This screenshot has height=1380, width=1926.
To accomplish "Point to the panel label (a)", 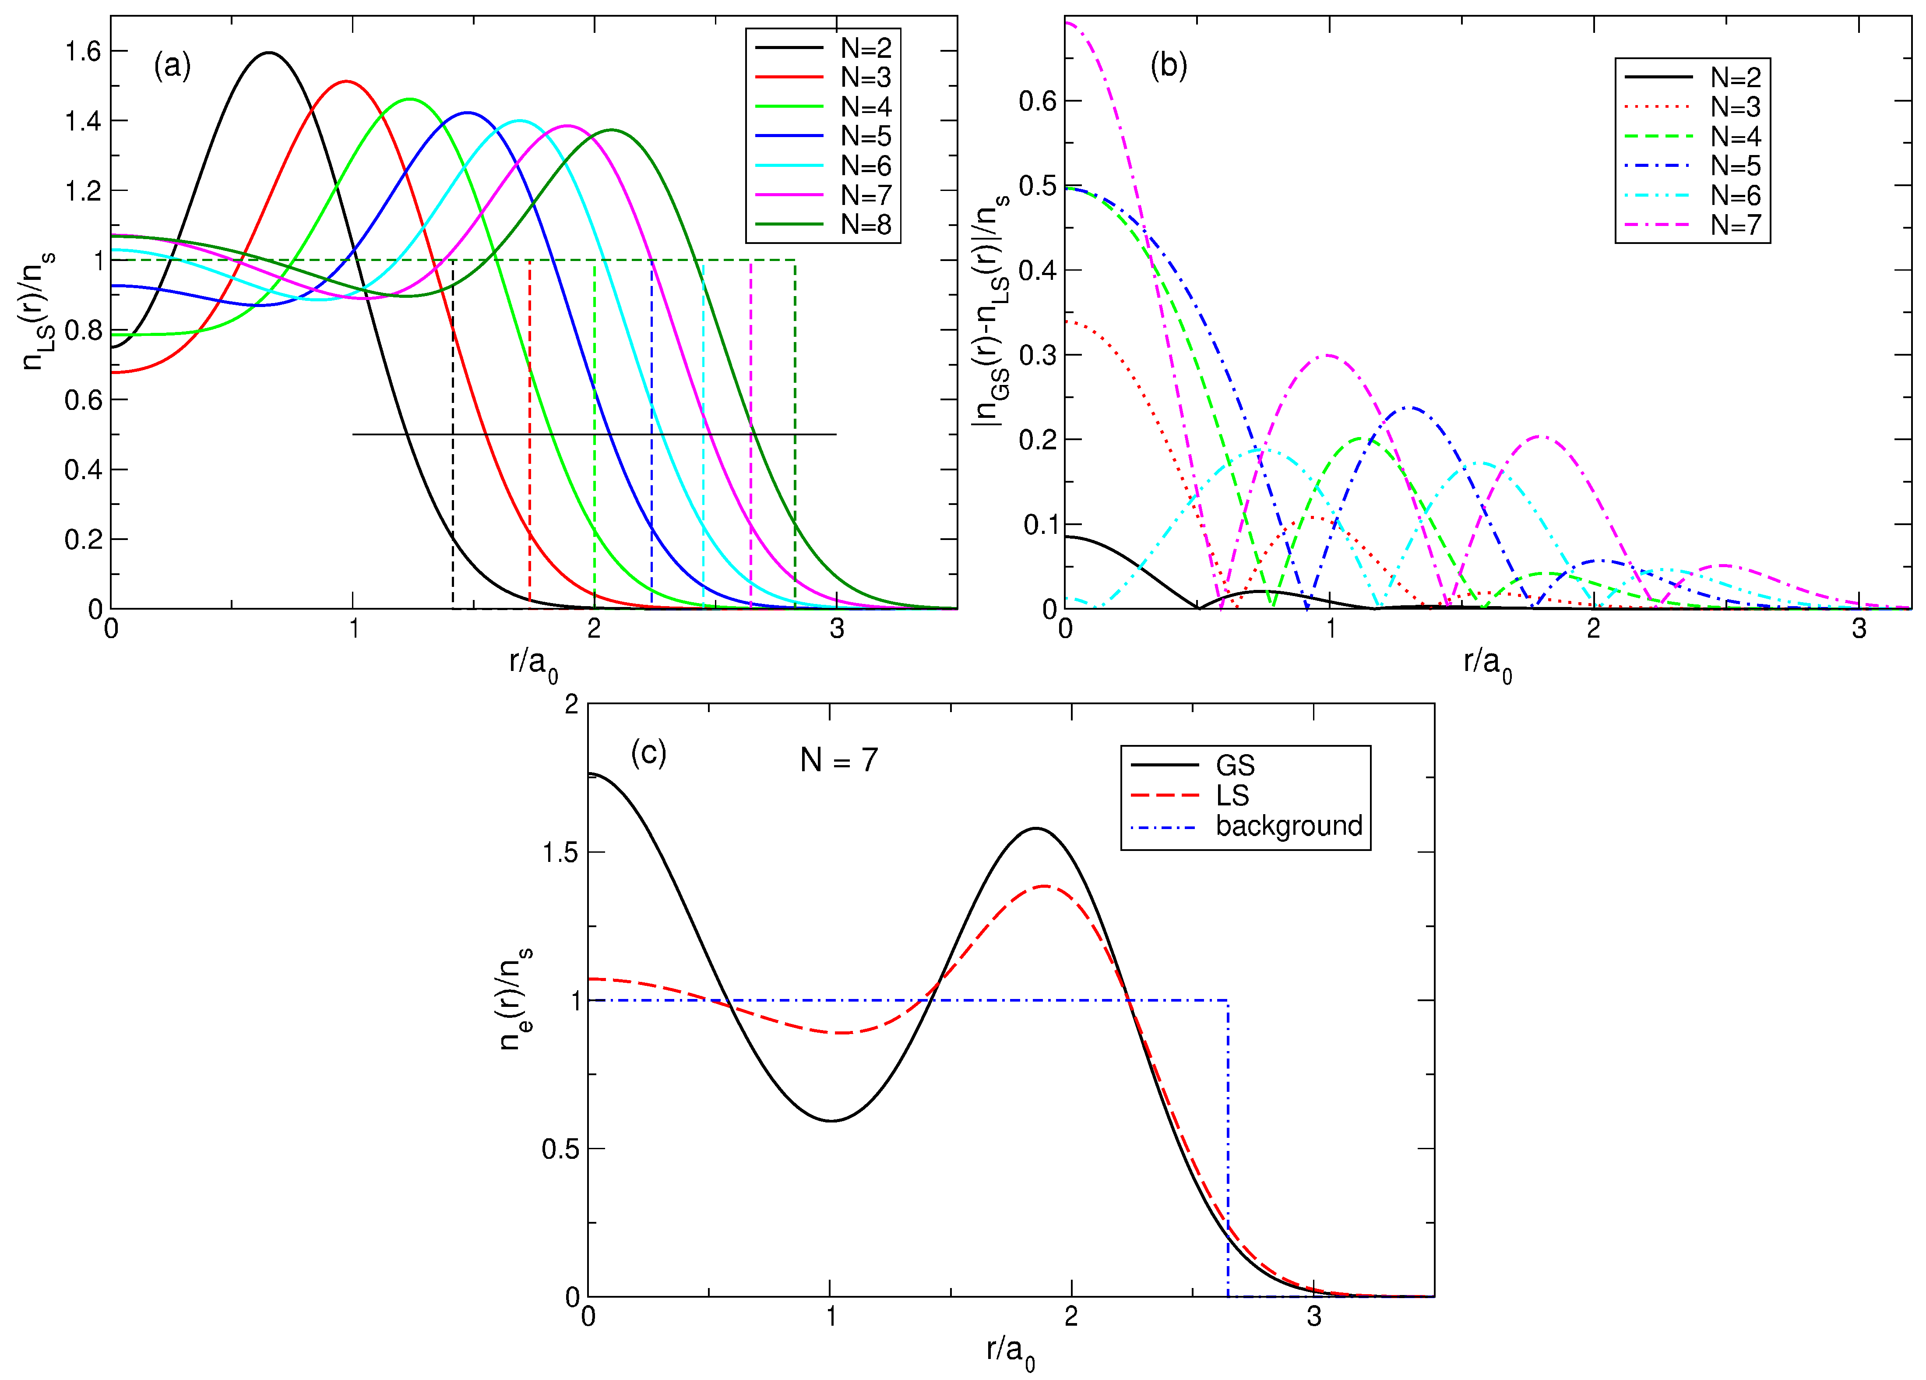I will click(x=173, y=65).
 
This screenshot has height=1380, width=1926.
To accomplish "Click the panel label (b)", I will click(x=1169, y=65).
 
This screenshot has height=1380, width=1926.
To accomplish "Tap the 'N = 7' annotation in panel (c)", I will click(x=839, y=760).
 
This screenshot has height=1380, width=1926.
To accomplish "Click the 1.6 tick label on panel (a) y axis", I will click(x=83, y=52).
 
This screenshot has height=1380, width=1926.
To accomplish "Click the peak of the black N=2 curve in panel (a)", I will click(x=269, y=53).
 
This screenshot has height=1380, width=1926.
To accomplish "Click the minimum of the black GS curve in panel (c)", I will click(x=831, y=1121).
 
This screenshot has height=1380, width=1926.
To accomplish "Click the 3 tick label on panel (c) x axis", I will click(x=1314, y=1318).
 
